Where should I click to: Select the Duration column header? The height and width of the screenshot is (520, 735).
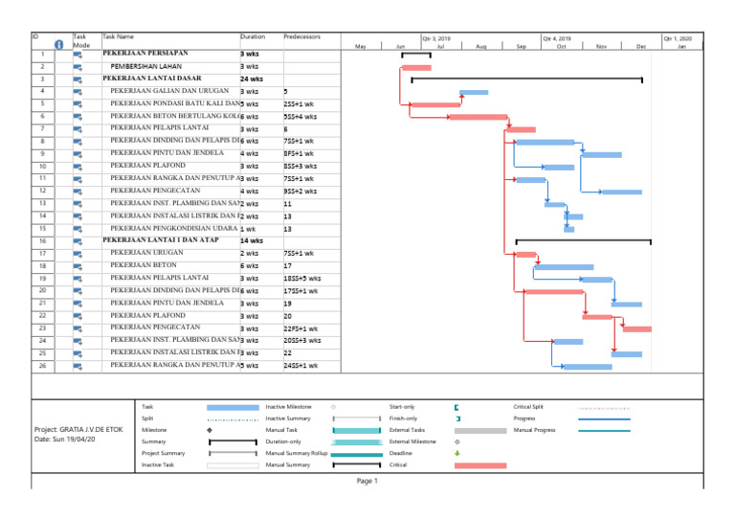coord(253,36)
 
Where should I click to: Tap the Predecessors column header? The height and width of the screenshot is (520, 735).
coord(302,36)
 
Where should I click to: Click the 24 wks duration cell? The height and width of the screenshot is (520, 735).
coord(251,79)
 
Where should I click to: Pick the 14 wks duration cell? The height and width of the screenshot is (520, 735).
coord(252,240)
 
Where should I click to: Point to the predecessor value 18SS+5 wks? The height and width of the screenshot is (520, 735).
coord(302,278)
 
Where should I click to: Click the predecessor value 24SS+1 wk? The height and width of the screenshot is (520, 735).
coord(301,365)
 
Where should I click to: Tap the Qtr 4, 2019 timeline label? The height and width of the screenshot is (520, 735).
coord(556,39)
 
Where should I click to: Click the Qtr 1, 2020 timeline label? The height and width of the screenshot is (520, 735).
coord(678,39)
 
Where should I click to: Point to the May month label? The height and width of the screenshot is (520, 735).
coord(361,46)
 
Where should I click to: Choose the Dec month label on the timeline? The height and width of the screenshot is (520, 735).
coord(641,46)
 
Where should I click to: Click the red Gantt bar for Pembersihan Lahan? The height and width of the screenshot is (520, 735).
coord(415,67)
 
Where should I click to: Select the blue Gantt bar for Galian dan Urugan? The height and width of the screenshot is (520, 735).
coord(474,92)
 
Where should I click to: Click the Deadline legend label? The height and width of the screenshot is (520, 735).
coord(403,453)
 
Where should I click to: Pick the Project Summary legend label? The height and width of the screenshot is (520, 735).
coord(163,453)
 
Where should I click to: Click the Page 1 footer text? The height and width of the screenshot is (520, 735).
coord(367,481)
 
